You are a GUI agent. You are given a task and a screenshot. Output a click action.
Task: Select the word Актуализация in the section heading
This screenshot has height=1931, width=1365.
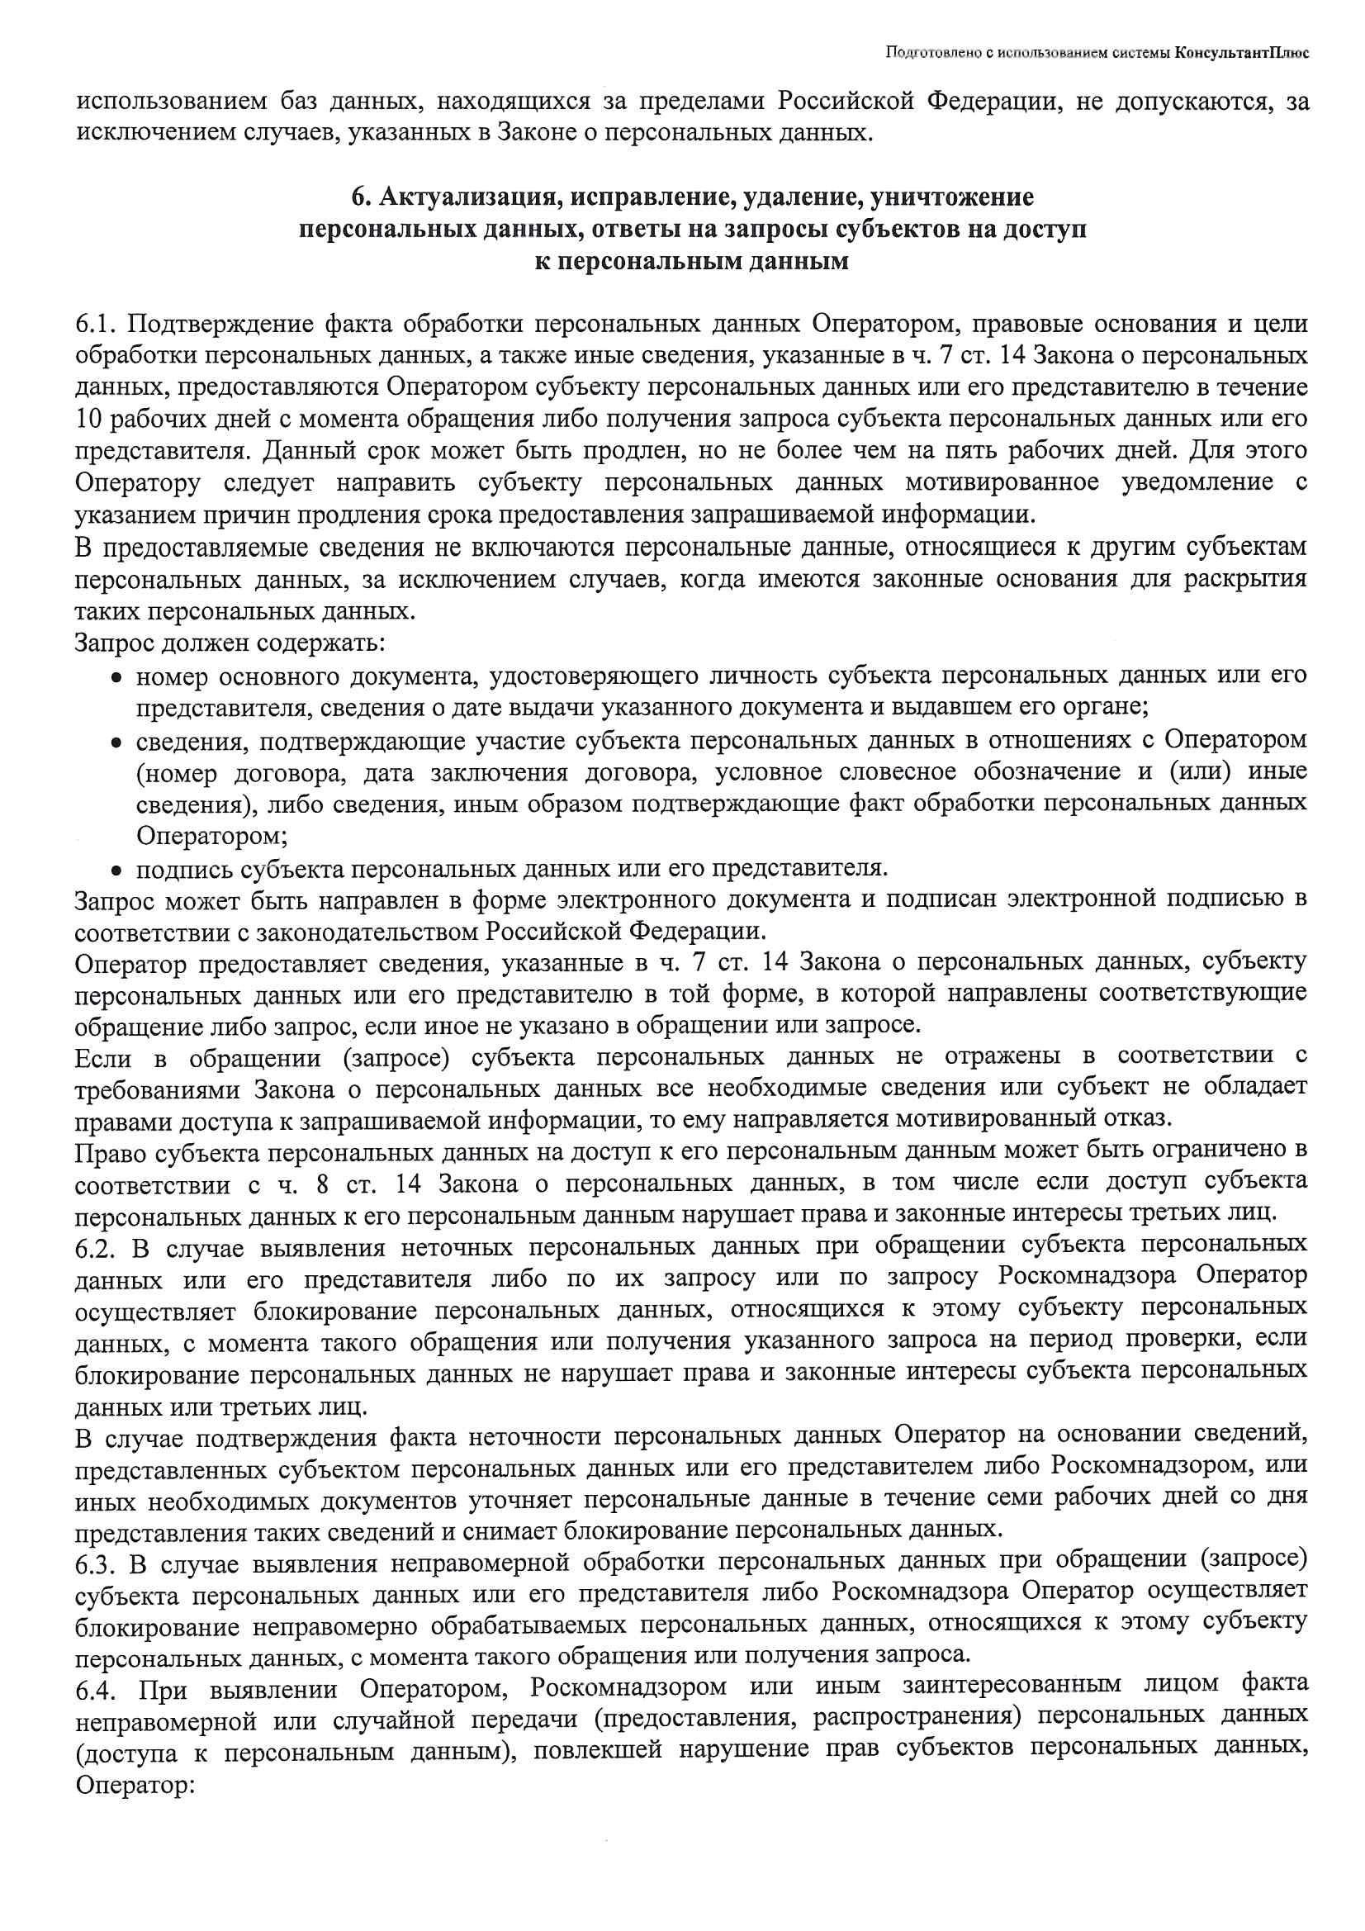(x=469, y=197)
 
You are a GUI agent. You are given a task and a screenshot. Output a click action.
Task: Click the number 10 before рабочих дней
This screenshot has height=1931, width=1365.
(x=88, y=419)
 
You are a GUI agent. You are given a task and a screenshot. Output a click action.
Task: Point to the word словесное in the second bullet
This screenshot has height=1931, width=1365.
(x=896, y=772)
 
